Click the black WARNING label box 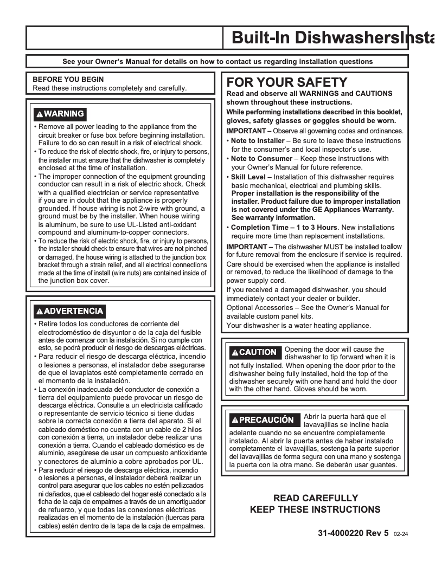59,114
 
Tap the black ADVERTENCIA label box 68,311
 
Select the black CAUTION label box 254,352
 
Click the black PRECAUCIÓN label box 263,420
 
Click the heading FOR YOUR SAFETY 286,82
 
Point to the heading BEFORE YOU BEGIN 68,79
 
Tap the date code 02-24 401,534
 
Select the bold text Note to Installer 258,141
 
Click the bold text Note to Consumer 259,159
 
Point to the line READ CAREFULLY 315,498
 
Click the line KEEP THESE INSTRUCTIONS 315,509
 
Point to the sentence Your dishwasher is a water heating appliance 298,326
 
